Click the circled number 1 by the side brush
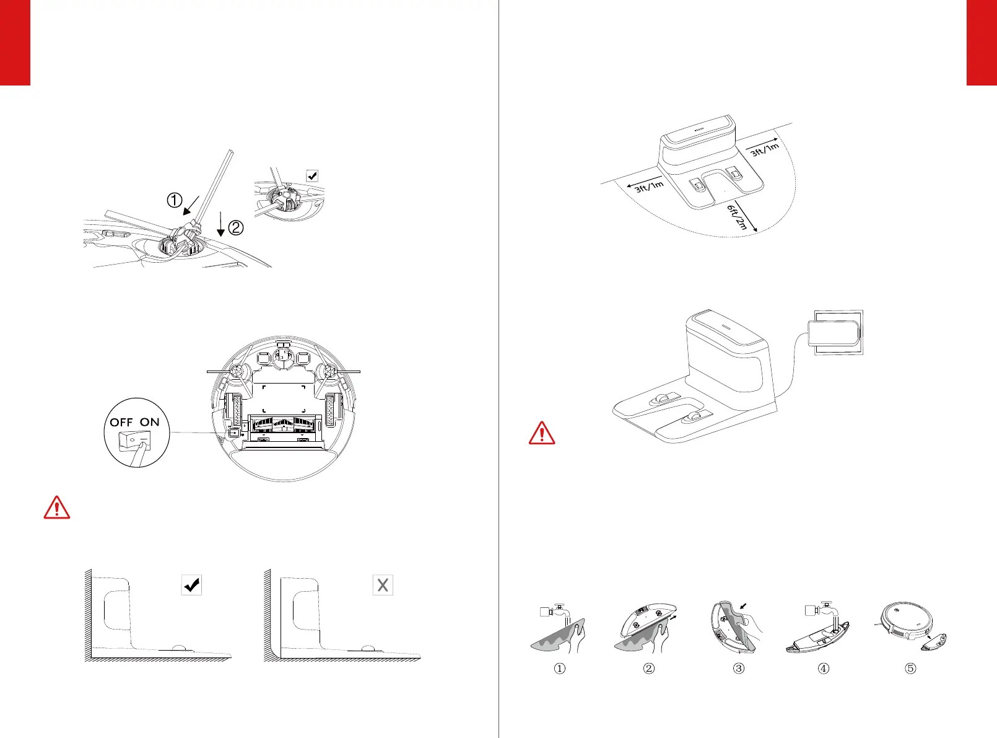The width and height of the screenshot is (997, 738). pos(175,200)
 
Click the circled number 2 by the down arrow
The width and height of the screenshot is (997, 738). pos(236,228)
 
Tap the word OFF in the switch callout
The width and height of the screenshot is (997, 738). pos(121,422)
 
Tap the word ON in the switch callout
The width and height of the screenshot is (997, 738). pos(149,422)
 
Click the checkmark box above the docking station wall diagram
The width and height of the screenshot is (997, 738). pos(192,584)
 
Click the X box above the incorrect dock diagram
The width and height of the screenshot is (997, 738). pos(383,584)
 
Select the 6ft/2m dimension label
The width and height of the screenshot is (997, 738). pos(738,217)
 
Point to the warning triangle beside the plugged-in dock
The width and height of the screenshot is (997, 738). pos(542,433)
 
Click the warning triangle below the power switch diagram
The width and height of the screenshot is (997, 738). pos(57,507)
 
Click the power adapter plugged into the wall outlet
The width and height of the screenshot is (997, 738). pos(836,332)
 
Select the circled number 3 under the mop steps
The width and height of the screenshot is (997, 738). pos(738,669)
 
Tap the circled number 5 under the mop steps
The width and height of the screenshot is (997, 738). pos(910,669)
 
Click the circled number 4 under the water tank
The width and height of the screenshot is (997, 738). pos(824,669)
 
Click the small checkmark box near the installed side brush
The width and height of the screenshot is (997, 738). pos(313,175)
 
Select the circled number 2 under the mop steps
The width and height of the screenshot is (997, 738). pos(649,669)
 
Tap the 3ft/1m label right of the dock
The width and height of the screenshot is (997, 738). pos(765,149)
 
